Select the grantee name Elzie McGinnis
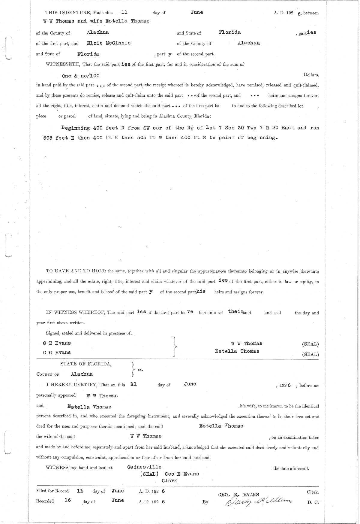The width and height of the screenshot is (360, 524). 108,43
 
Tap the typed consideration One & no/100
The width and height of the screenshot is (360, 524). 81,76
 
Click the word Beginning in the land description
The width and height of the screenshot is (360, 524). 76,128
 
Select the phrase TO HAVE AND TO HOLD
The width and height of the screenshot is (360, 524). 76,271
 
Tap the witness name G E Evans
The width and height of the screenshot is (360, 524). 57,343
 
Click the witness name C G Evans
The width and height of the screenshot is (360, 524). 57,353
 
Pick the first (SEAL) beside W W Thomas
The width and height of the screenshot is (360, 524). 310,344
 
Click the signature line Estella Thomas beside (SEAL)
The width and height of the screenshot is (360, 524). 237,351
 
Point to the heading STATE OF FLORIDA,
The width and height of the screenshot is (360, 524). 86,364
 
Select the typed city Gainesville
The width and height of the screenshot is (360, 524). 144,467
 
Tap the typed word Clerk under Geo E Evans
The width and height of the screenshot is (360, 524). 169,481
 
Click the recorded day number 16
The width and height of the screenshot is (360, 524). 68,500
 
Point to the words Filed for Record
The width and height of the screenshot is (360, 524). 52,491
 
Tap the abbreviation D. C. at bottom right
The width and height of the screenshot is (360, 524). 313,502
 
